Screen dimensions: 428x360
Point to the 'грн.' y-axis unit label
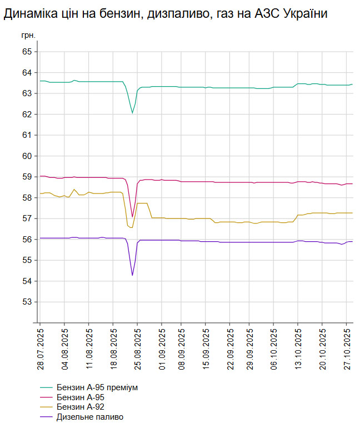(x=28, y=35)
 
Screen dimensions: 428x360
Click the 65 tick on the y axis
(x=27, y=52)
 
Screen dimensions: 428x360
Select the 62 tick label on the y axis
(x=27, y=115)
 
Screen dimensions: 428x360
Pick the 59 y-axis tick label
(x=27, y=177)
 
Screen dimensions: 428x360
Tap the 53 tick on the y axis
(x=27, y=302)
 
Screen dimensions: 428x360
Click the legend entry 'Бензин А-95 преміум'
(x=97, y=387)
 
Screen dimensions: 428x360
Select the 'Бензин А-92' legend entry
(x=81, y=407)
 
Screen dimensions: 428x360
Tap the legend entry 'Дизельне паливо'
(x=90, y=417)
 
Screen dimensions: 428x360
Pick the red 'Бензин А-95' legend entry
(x=81, y=397)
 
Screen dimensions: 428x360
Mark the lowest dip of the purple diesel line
(x=132, y=275)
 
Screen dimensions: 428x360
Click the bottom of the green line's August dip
(x=132, y=113)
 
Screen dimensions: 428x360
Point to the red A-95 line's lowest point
(x=132, y=217)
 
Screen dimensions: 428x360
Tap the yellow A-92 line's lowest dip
(x=132, y=227)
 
